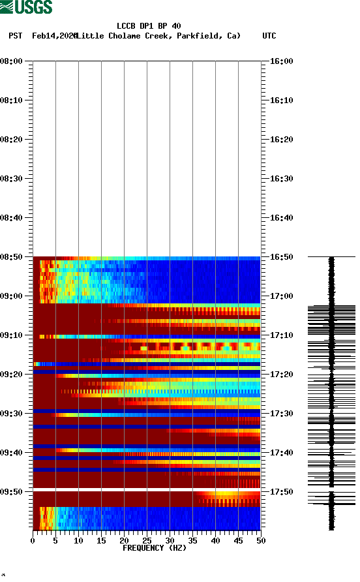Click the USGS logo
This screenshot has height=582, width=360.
pos(26,7)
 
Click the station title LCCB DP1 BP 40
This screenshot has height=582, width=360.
pos(149,26)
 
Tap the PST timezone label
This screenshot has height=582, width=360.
pos(16,36)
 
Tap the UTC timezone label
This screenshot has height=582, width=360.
pos(269,36)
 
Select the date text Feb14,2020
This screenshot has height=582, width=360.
pos(54,36)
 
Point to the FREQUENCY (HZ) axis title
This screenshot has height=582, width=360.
pos(154,548)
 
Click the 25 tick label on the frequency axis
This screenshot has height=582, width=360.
pos(147,540)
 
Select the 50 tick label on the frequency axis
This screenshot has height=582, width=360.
pos(261,540)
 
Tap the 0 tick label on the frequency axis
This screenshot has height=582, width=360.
pos(33,540)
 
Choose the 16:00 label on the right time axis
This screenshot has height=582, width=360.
pos(281,61)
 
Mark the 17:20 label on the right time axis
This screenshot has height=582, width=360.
pos(281,375)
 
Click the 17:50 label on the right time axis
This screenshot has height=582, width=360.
pos(281,492)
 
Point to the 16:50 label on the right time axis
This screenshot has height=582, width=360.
pos(281,257)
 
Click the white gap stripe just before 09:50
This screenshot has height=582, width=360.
pos(147,489)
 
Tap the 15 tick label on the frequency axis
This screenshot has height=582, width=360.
pos(101,540)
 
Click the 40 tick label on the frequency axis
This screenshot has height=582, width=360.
pos(215,540)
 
